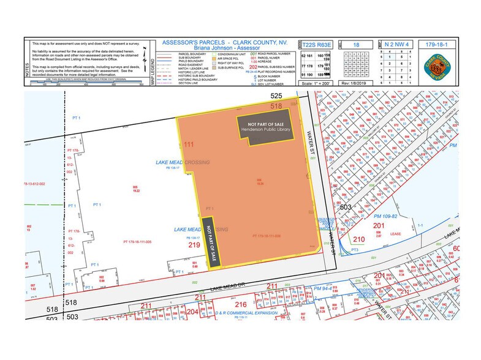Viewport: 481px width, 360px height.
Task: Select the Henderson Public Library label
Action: coord(265,130)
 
